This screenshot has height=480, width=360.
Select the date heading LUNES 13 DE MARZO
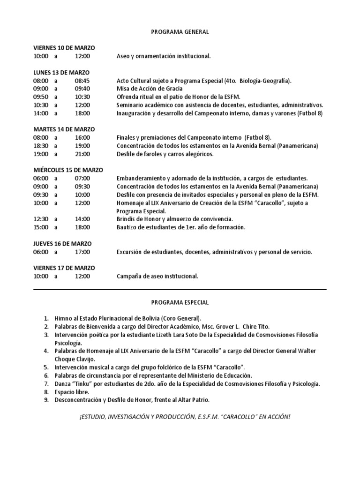click(x=61, y=72)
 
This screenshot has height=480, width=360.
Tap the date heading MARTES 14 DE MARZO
click(x=64, y=129)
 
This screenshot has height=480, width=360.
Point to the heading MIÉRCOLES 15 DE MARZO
click(x=68, y=170)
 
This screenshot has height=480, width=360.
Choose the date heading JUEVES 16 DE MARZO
click(x=62, y=244)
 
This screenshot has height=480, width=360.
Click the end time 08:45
click(x=82, y=81)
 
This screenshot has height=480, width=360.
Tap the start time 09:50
click(x=41, y=97)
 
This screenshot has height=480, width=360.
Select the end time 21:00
click(x=82, y=154)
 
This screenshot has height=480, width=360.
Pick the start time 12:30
click(x=41, y=219)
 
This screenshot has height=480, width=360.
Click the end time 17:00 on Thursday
click(x=82, y=252)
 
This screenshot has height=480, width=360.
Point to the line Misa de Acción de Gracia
click(x=150, y=89)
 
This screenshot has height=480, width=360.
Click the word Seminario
click(x=131, y=105)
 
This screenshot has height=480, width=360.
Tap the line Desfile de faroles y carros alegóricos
click(x=165, y=154)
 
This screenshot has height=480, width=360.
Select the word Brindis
click(x=127, y=219)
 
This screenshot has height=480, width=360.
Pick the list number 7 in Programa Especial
click(x=46, y=384)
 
